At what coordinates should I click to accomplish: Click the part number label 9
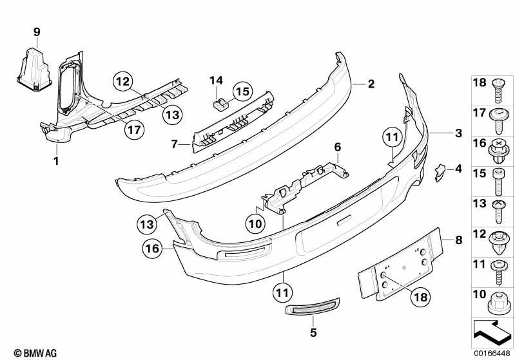[x=37, y=32]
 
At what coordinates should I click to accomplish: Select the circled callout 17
[x=134, y=129]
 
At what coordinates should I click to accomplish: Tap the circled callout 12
[x=123, y=81]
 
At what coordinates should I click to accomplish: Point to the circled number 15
[x=243, y=91]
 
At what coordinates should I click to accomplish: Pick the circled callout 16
[x=152, y=249]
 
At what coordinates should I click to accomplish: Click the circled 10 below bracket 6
[x=255, y=224]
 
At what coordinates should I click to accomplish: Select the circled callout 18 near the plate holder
[x=421, y=297]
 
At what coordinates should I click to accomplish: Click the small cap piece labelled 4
[x=440, y=173]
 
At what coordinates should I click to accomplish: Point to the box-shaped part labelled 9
[x=34, y=69]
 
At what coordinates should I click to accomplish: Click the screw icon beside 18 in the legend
[x=499, y=90]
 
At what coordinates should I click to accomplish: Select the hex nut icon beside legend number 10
[x=500, y=303]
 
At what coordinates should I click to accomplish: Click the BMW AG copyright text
[x=35, y=353]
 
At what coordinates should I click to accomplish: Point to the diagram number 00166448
[x=492, y=354]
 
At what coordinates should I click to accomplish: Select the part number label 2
[x=371, y=84]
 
